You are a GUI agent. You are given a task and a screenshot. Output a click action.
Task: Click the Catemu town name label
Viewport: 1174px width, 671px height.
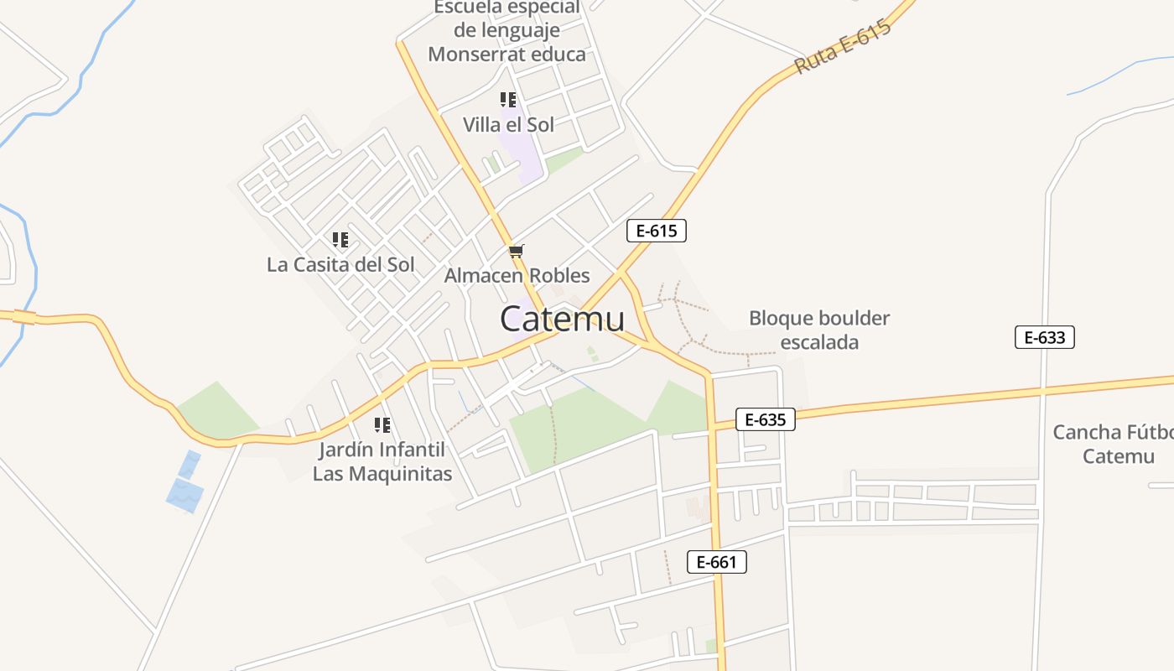point(562,320)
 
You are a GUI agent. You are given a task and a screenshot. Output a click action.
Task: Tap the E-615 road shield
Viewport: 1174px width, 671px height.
point(656,231)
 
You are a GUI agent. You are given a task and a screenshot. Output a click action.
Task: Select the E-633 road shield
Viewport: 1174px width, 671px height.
point(1044,337)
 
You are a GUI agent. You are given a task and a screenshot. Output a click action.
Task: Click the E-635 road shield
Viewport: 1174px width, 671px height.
point(765,419)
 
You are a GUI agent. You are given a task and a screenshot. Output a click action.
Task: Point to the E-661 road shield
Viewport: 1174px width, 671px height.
point(716,562)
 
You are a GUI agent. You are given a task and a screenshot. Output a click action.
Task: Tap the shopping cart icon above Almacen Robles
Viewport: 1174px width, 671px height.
point(517,251)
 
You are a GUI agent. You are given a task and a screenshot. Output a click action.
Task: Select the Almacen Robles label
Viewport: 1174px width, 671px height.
point(517,275)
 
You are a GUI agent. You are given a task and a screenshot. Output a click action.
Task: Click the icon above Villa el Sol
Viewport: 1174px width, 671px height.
point(507,100)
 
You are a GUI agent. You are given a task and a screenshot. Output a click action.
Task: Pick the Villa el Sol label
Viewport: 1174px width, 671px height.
point(508,125)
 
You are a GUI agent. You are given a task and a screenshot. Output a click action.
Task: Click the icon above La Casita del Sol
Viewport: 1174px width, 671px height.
point(340,240)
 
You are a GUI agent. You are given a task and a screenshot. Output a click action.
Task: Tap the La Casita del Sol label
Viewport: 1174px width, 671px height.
point(340,264)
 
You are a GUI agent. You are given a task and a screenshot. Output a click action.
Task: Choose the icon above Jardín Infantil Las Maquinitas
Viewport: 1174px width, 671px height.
point(382,424)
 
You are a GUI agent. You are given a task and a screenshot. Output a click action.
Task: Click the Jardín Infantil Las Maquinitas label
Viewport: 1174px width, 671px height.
point(382,461)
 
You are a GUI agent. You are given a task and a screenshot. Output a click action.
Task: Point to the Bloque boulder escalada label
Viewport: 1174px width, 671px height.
point(819,330)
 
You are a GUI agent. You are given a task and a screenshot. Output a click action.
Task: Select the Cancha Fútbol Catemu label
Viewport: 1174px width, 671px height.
point(1112,445)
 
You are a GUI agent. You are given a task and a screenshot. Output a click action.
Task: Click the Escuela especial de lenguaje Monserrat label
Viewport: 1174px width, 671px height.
point(506,31)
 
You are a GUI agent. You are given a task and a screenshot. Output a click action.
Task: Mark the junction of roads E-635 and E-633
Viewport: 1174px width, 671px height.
point(1043,391)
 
